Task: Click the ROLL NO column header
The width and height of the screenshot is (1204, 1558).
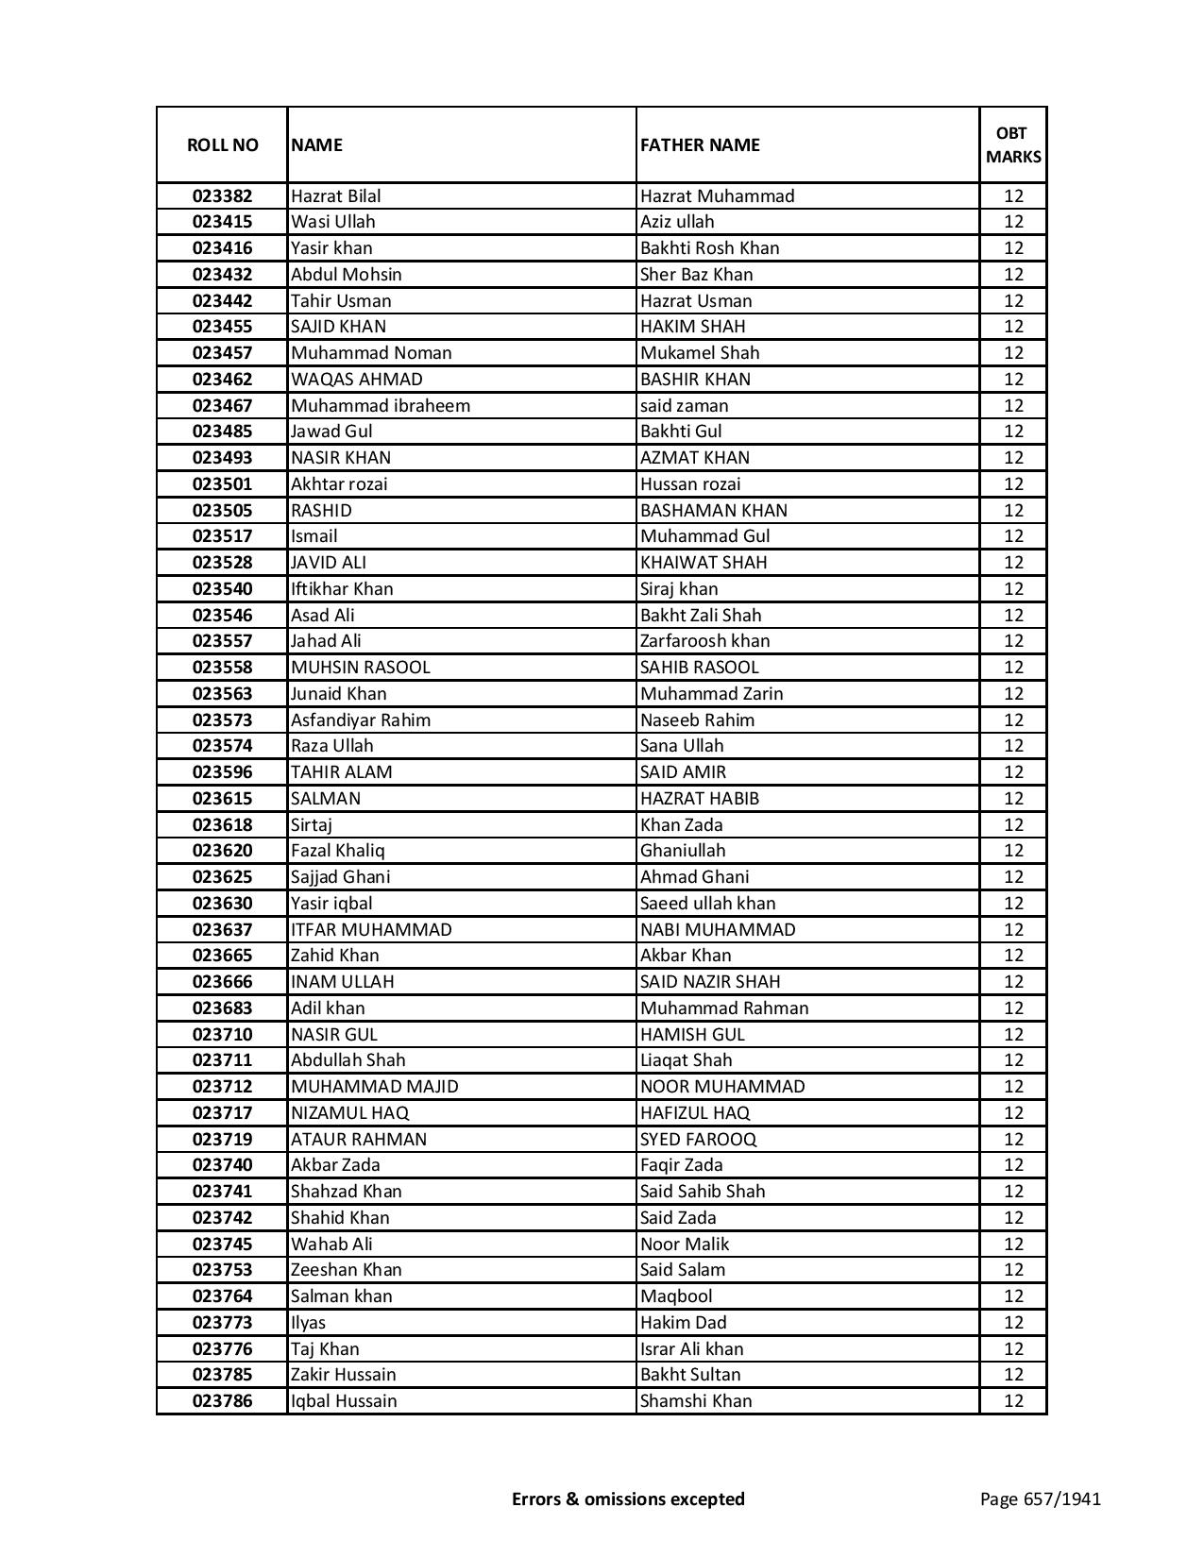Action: point(222,145)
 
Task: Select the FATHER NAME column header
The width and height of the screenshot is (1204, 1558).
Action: point(700,145)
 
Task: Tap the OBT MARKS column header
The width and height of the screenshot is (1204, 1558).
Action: point(1013,145)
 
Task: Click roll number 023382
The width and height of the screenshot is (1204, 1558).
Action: point(222,196)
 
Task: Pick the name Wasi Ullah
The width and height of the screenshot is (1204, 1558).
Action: point(332,222)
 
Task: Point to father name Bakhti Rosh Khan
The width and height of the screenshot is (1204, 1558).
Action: point(709,248)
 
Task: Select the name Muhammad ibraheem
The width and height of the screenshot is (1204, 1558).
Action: point(380,406)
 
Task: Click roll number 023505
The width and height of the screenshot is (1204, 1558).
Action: point(222,511)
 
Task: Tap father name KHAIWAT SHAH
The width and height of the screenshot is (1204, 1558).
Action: point(704,563)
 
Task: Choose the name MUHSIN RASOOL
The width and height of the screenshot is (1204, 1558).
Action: point(360,668)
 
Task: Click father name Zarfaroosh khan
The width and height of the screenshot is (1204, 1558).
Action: point(704,641)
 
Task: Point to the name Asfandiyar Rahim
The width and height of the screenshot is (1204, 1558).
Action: point(360,720)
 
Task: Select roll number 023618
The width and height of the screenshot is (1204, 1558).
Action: point(222,825)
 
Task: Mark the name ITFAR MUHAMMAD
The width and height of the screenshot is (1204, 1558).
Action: point(371,930)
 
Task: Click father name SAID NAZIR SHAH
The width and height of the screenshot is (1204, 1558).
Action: point(709,982)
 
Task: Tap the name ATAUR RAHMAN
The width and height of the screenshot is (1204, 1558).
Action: point(358,1140)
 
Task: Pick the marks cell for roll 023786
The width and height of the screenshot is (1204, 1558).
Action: point(1013,1401)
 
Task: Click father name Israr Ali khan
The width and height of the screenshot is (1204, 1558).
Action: point(691,1349)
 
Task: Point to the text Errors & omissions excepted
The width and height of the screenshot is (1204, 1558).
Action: point(628,1499)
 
